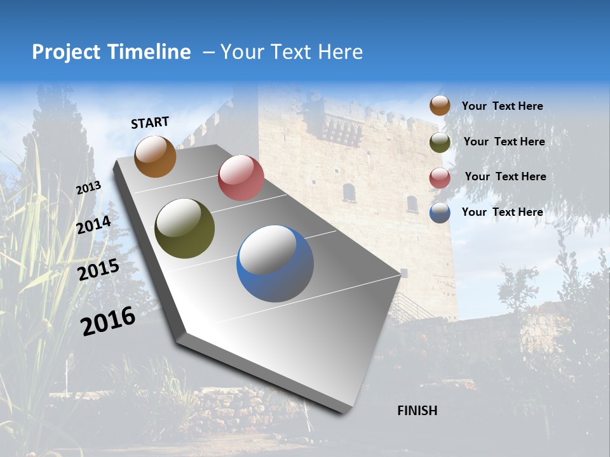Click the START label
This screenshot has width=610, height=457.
tap(150, 123)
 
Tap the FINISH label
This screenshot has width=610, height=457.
tap(417, 411)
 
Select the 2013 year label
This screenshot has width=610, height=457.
tap(89, 187)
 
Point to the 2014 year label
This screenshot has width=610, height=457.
tap(94, 225)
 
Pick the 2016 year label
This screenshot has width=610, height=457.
tap(108, 321)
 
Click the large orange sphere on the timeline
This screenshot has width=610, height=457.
tap(155, 156)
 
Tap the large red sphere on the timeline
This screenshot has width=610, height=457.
tap(241, 178)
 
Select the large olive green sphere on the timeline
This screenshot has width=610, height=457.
tap(184, 228)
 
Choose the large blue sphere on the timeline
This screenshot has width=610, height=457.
tap(275, 263)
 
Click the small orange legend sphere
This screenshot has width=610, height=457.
tap(440, 105)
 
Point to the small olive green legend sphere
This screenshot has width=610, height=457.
tap(440, 142)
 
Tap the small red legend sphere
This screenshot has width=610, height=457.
tap(440, 178)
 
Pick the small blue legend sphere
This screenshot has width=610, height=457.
tap(440, 213)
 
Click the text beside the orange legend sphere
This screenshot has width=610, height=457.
tap(502, 106)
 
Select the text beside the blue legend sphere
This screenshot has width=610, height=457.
tap(502, 212)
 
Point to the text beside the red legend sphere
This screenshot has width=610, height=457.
tap(505, 176)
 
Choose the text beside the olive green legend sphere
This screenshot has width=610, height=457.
tap(504, 142)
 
